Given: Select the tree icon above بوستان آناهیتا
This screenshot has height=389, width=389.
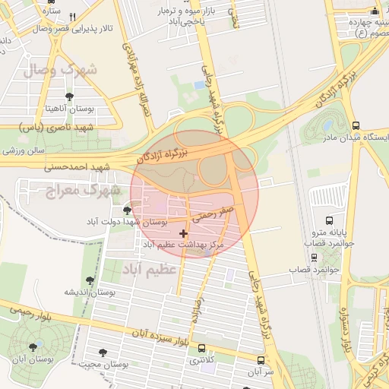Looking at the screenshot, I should tap(70, 96).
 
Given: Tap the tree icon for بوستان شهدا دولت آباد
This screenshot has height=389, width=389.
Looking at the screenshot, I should tap(126, 210).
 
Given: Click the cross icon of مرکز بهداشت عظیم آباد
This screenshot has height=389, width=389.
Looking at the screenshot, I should tap(183, 232).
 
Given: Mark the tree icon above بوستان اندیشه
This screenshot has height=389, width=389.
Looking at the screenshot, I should tap(90, 280).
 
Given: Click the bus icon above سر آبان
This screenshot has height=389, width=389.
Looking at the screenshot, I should tap(261, 360).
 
